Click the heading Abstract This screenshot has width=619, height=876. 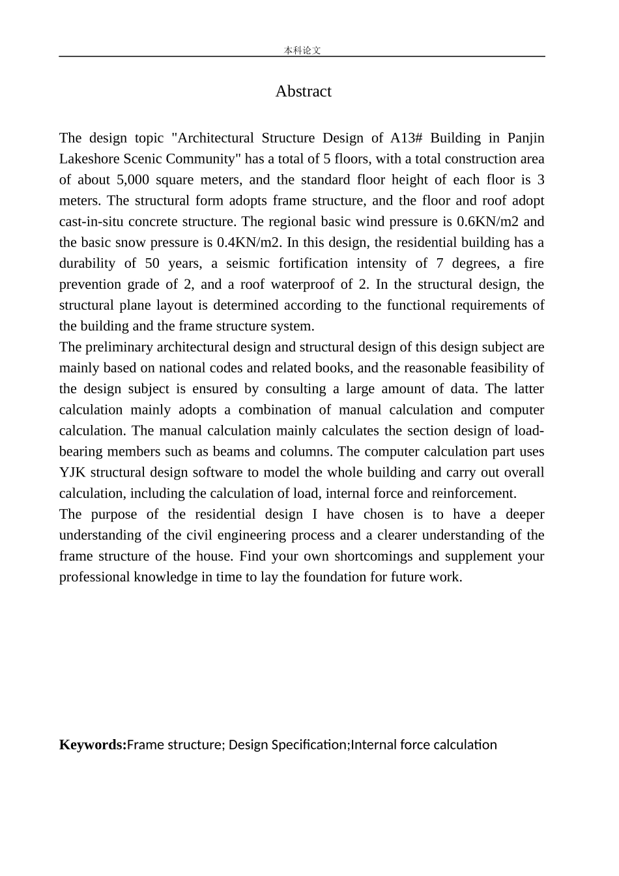303,91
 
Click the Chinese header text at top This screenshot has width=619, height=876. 302,50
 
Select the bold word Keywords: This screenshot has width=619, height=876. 93,745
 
